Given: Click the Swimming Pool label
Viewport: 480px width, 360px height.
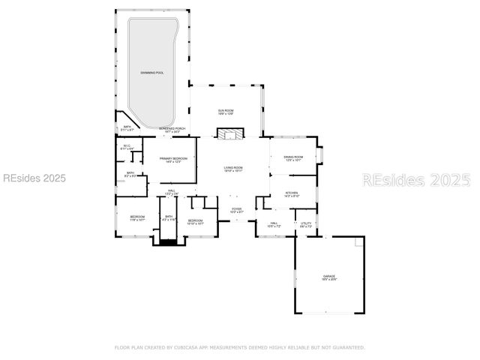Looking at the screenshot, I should [151, 73].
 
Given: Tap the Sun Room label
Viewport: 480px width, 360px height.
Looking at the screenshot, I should [226, 112].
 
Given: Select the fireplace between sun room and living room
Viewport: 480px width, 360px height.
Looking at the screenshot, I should [230, 133].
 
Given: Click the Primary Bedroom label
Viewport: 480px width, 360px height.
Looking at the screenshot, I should [173, 160].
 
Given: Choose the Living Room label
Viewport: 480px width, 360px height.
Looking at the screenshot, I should [233, 169].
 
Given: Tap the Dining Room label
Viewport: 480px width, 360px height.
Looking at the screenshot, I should [293, 157].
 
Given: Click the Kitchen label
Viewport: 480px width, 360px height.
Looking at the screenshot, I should [291, 194].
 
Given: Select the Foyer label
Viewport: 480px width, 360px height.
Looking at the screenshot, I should [236, 211].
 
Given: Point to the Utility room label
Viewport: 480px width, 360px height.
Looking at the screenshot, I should [306, 224].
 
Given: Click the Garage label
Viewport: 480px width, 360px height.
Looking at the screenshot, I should [329, 277].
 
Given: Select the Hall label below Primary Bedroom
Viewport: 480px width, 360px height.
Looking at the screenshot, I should [172, 193].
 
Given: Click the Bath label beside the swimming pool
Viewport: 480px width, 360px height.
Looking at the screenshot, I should [127, 128].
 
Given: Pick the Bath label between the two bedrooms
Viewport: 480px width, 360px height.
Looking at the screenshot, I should [169, 218].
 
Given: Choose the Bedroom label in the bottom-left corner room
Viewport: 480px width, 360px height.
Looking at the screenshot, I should [137, 218].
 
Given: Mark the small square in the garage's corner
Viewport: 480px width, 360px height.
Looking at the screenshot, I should [359, 244].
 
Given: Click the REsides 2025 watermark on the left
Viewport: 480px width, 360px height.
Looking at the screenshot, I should [34, 178].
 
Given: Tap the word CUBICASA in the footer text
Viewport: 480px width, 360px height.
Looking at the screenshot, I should [178, 347].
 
